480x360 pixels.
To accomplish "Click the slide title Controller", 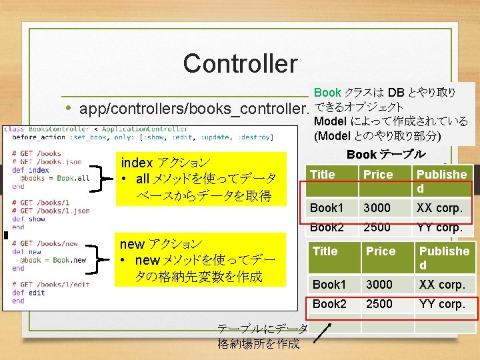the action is pyautogui.click(x=240, y=64).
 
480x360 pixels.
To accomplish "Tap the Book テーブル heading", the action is pyautogui.click(x=386, y=154).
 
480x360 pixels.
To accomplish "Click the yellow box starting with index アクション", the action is pyautogui.click(x=197, y=179).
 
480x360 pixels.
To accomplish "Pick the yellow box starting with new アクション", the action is pyautogui.click(x=197, y=260).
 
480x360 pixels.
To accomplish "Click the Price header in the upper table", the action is pyautogui.click(x=377, y=175).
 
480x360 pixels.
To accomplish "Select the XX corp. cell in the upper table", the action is pyautogui.click(x=439, y=208).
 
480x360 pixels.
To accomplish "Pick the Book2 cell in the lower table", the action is pyautogui.click(x=329, y=304).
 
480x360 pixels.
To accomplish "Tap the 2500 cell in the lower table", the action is pyautogui.click(x=379, y=304).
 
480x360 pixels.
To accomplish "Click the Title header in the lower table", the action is pyautogui.click(x=325, y=251).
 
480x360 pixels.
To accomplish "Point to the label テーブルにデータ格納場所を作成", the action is pyautogui.click(x=262, y=336).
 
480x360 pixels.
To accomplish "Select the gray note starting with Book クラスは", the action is pyautogui.click(x=391, y=114).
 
